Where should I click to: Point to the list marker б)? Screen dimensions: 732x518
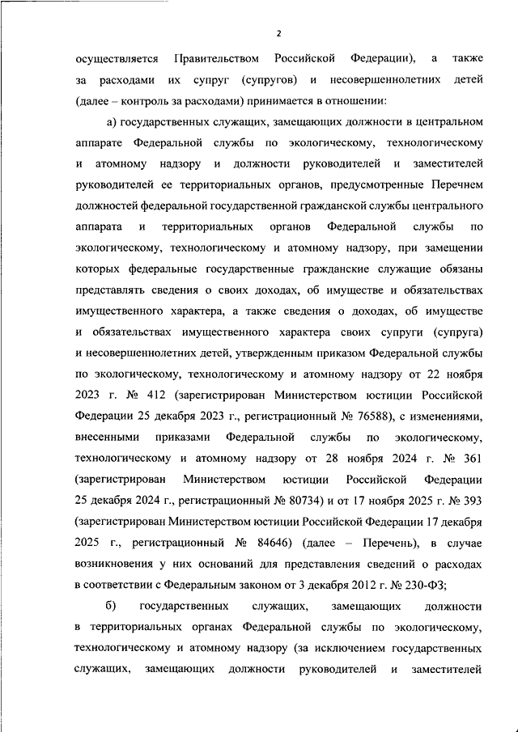click(111, 606)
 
